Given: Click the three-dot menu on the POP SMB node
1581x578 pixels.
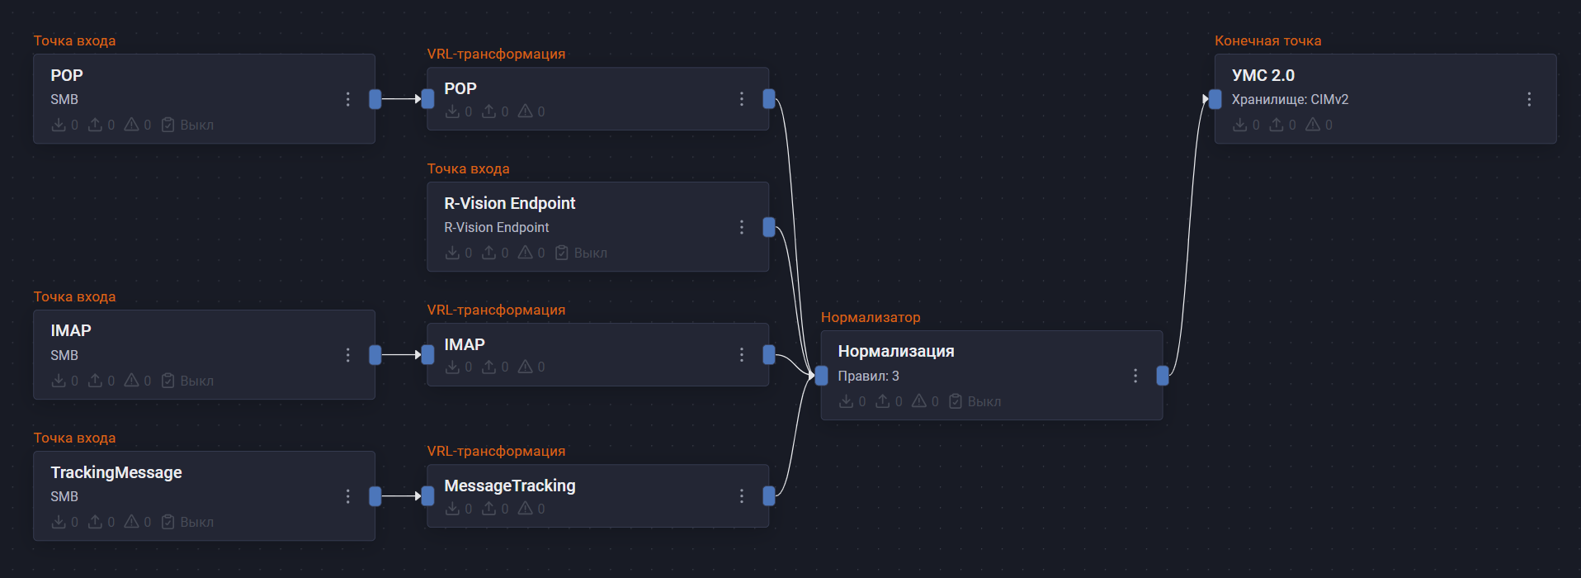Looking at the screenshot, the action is pyautogui.click(x=348, y=99).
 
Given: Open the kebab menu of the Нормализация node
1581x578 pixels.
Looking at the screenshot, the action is pyautogui.click(x=1135, y=376).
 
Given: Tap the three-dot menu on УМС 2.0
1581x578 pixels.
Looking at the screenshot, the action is pyautogui.click(x=1529, y=99).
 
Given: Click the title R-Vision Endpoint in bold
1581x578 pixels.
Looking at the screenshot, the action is pyautogui.click(x=509, y=203).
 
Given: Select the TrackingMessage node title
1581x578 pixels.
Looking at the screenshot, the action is pyautogui.click(x=116, y=472).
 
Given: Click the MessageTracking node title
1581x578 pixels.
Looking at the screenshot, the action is pyautogui.click(x=509, y=486).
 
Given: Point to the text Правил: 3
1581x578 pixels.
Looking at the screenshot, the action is pyautogui.click(x=868, y=376).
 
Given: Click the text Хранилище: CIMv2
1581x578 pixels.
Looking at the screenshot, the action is pyautogui.click(x=1290, y=99).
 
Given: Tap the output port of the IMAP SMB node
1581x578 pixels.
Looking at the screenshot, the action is pyautogui.click(x=375, y=355).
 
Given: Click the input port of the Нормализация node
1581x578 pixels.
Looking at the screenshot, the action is pyautogui.click(x=821, y=376).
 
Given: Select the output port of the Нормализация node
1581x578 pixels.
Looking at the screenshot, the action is pyautogui.click(x=1163, y=376).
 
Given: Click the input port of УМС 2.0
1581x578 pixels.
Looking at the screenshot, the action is pyautogui.click(x=1215, y=99).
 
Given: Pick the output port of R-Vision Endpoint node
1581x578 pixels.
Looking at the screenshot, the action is pyautogui.click(x=769, y=227).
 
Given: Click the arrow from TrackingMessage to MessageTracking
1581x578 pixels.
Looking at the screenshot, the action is pyautogui.click(x=402, y=496).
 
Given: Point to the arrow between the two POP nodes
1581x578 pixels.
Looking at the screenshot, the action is pyautogui.click(x=402, y=99).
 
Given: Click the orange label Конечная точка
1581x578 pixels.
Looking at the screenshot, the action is pyautogui.click(x=1267, y=40).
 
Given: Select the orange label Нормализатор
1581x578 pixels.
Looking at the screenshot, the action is pyautogui.click(x=871, y=317).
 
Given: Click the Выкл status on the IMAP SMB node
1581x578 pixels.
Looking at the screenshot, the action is pyautogui.click(x=196, y=381).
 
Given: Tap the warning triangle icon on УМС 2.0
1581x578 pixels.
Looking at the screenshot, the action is pyautogui.click(x=1313, y=125).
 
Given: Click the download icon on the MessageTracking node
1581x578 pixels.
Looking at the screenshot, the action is pyautogui.click(x=452, y=509).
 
